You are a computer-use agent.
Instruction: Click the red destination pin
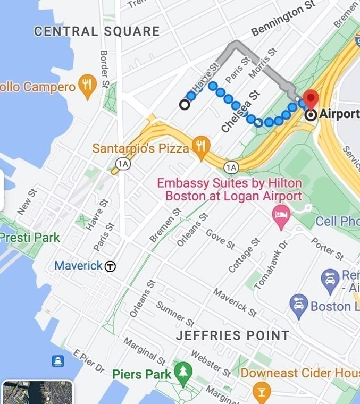pos(311,99)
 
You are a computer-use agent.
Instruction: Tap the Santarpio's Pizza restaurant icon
pos(200,148)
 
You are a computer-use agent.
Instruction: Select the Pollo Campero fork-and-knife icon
pos(87,86)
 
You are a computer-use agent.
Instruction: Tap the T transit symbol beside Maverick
pos(110,266)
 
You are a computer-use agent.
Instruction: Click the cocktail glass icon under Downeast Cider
pos(261,393)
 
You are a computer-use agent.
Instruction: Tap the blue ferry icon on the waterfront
pos(58,361)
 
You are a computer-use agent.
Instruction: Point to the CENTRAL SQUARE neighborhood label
pos(97,31)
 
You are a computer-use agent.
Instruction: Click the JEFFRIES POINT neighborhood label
pos(232,335)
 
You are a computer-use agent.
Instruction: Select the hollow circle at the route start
pos(185,105)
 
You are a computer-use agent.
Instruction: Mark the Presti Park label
pos(30,237)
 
